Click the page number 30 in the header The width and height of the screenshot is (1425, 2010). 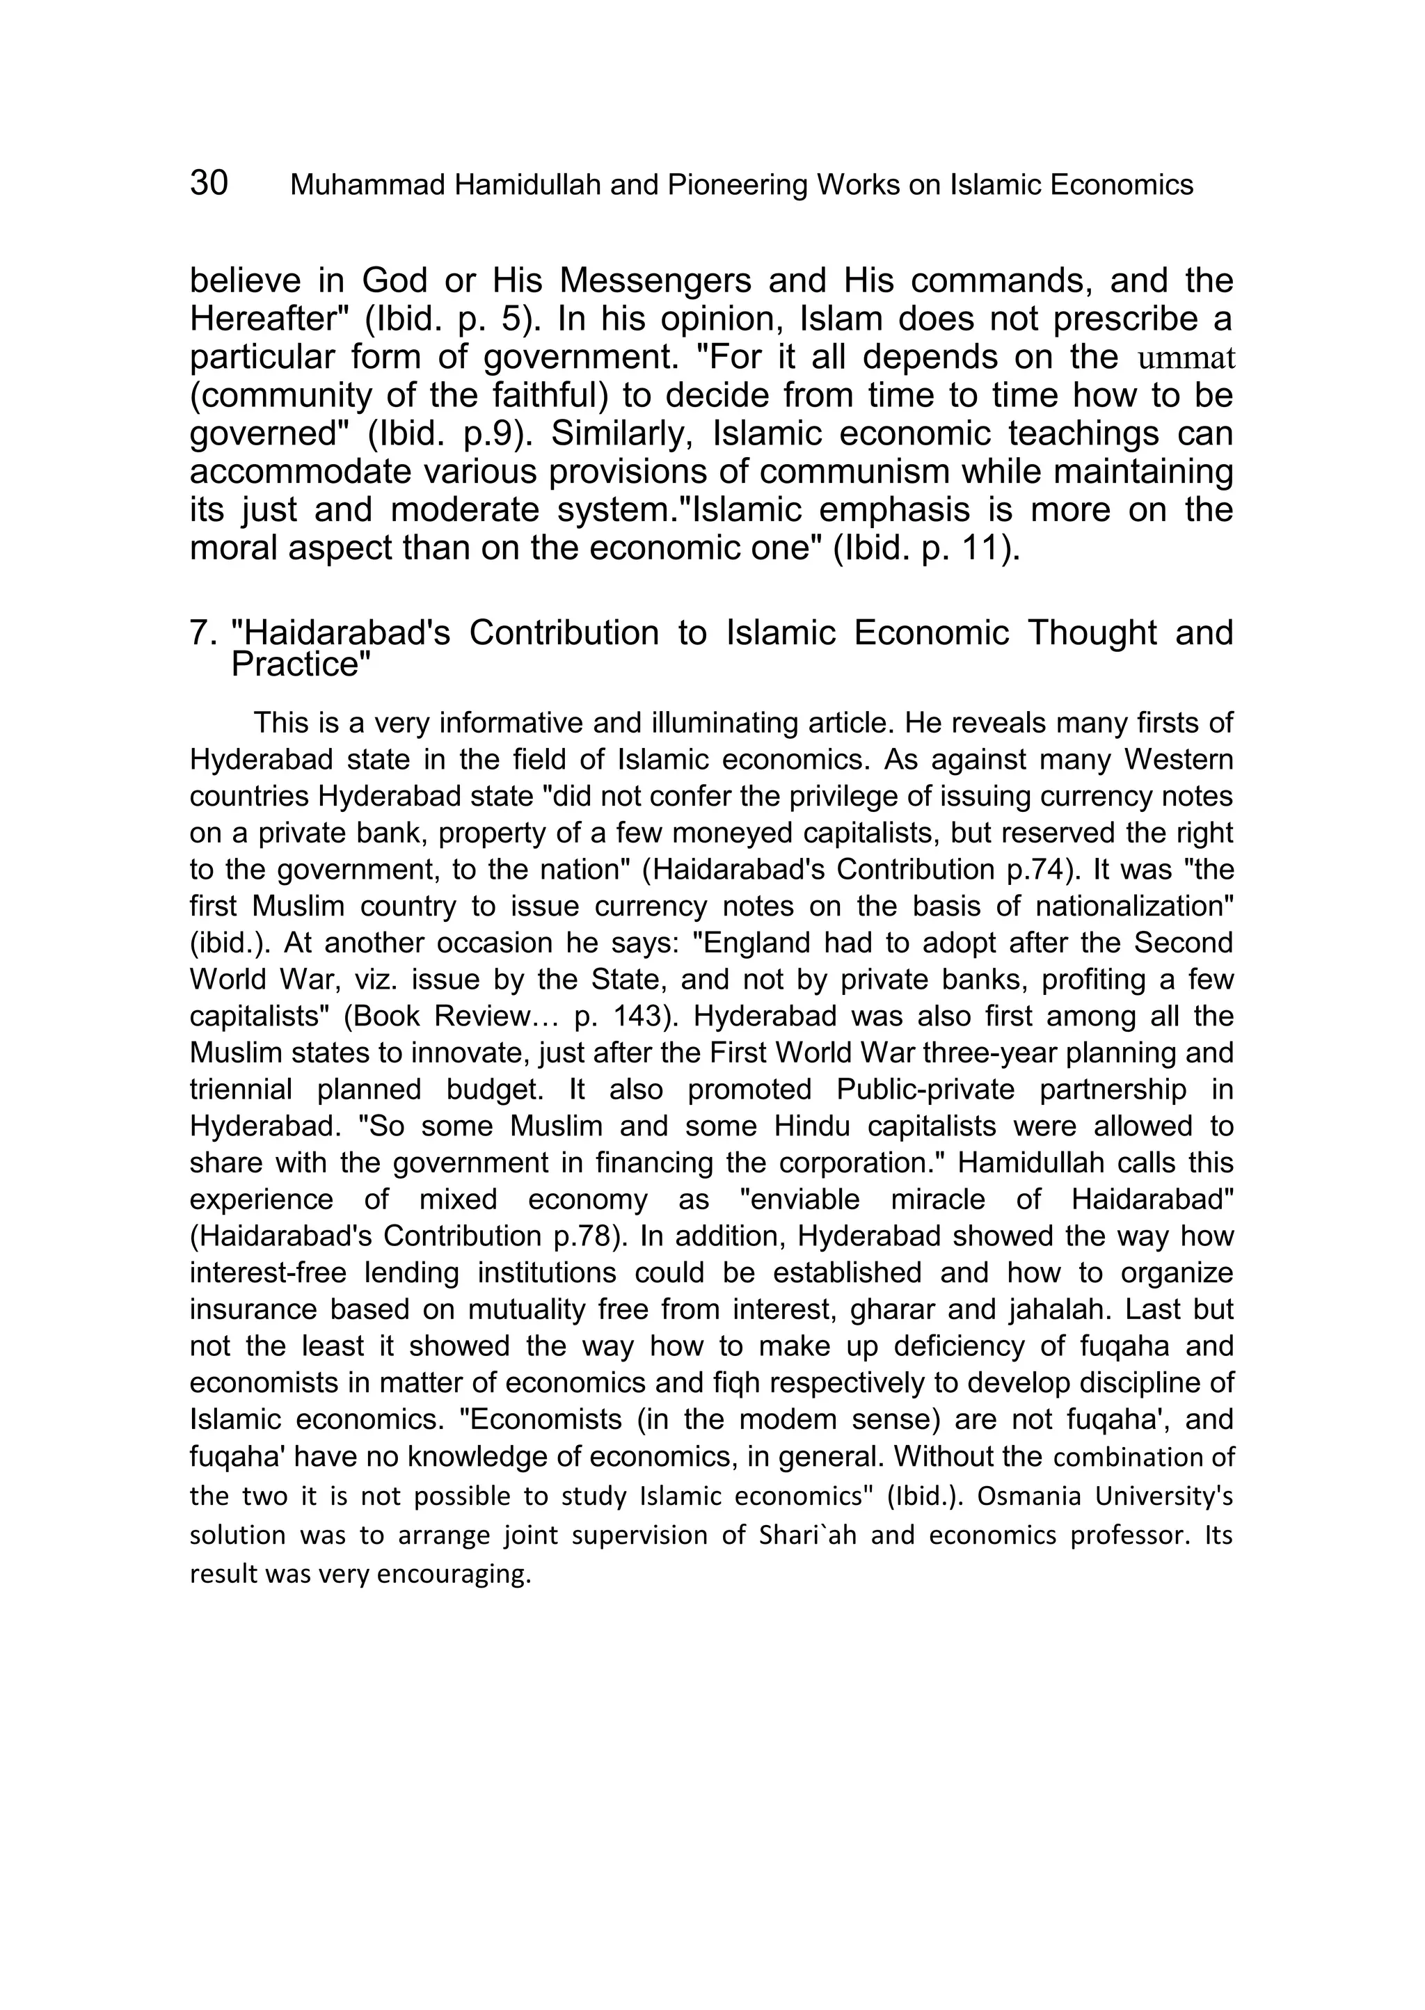pyautogui.click(x=209, y=184)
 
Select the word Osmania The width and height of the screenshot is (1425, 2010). pyautogui.click(x=1029, y=1496)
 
